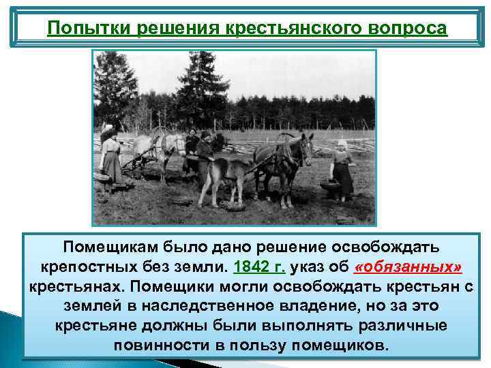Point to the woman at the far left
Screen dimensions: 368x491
109,160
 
